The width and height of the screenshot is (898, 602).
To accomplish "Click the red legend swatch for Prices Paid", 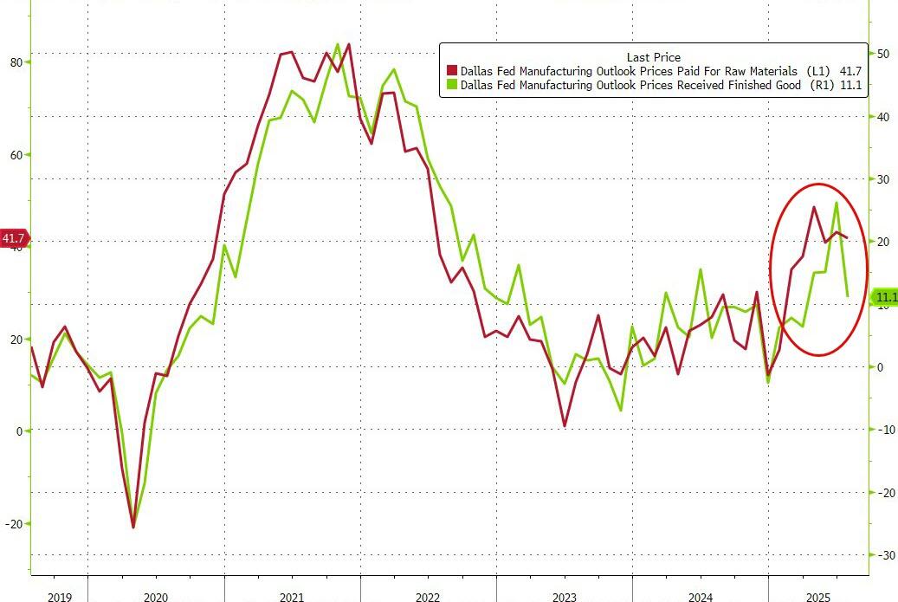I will [x=451, y=71].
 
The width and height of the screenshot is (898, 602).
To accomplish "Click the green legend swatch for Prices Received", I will [x=451, y=86].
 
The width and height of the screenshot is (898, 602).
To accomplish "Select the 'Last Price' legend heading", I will [x=653, y=57].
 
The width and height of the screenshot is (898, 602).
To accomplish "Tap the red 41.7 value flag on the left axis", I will [x=15, y=238].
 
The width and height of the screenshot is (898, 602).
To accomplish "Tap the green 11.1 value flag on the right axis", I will [x=886, y=298].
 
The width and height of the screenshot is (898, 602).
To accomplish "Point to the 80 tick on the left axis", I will [x=16, y=62].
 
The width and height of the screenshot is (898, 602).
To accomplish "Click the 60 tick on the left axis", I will [x=16, y=155].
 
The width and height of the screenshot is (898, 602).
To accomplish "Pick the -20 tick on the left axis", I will [x=14, y=523].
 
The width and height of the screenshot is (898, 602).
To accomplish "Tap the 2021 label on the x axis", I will [x=292, y=597].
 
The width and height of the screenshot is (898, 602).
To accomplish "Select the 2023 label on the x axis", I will [x=565, y=597].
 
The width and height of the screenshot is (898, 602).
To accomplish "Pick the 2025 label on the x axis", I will [x=818, y=597].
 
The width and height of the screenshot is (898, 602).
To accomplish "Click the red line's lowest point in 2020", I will [x=133, y=527].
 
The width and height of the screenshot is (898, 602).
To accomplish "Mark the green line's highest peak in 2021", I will [x=337, y=43].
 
